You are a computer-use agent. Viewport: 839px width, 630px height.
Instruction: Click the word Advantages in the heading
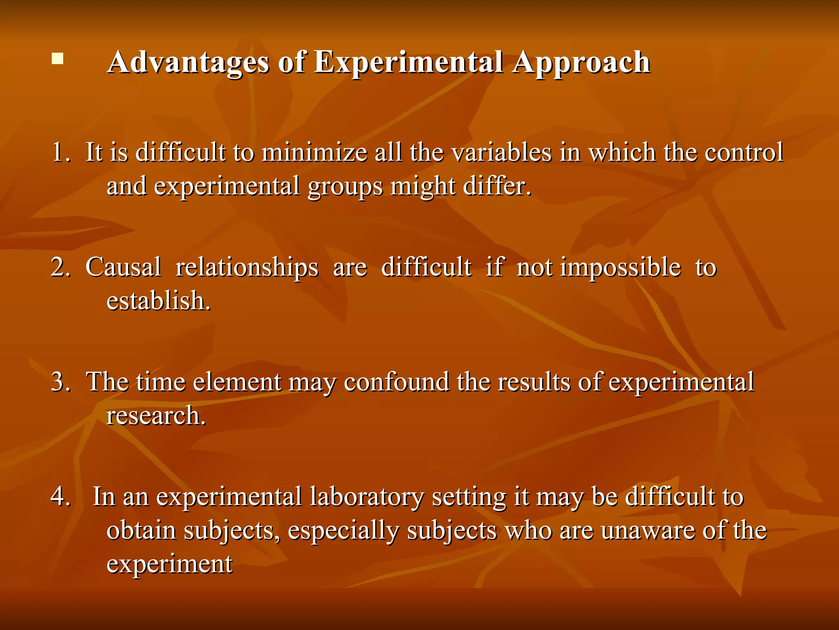188,62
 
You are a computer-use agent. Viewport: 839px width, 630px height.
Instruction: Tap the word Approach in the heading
582,62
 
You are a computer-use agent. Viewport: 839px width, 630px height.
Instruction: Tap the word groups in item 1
345,187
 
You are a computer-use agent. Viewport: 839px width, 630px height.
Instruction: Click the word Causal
123,267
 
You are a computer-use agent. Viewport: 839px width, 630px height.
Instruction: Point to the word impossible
620,267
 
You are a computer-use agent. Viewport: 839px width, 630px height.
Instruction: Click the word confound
396,382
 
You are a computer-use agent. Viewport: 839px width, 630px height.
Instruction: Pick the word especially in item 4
343,531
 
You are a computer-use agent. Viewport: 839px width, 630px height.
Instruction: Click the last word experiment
169,564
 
